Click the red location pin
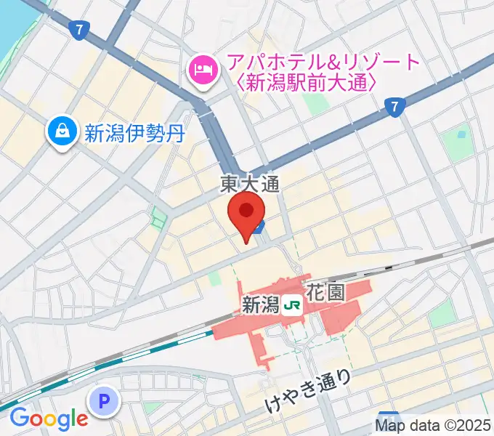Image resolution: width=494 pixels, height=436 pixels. point(246,211)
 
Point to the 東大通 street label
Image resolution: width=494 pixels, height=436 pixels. point(250,186)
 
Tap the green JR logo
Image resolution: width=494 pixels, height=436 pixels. point(293,305)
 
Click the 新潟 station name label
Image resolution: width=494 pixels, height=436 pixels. point(260,305)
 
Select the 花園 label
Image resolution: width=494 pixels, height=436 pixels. point(329,294)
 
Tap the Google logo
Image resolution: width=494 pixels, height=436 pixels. point(48,419)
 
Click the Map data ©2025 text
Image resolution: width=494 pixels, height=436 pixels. point(433,426)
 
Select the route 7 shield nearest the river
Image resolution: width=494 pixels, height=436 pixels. point(78,30)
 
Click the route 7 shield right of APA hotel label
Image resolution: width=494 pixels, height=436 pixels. point(394,107)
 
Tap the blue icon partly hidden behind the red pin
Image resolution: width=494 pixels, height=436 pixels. point(262,225)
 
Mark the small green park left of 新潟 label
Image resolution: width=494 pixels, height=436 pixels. point(214,277)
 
